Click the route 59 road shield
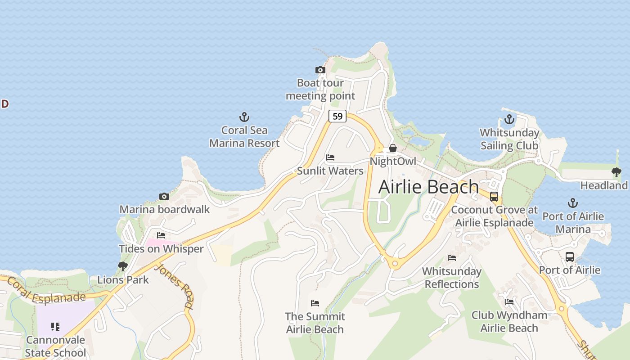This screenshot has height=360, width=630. (337, 116)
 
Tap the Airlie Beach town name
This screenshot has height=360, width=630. (428, 187)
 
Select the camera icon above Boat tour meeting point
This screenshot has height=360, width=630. (320, 70)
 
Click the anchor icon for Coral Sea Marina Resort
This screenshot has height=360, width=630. (244, 117)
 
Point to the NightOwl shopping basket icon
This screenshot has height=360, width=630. (392, 148)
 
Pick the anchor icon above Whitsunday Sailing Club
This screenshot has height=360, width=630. (509, 120)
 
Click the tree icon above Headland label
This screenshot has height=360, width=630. (616, 172)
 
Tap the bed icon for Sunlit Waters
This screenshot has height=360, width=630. (330, 157)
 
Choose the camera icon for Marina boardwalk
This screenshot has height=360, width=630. (164, 196)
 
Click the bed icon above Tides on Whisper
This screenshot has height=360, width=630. (161, 235)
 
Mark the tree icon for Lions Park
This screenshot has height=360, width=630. (122, 266)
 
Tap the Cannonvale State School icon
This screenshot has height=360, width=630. (55, 326)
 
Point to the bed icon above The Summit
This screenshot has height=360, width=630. (315, 303)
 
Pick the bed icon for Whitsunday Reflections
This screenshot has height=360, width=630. (452, 258)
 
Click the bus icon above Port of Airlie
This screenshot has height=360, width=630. (569, 257)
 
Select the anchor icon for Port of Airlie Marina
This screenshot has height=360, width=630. (572, 203)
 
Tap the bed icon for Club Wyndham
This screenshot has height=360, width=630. (509, 301)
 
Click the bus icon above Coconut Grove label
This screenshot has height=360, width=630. (494, 197)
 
